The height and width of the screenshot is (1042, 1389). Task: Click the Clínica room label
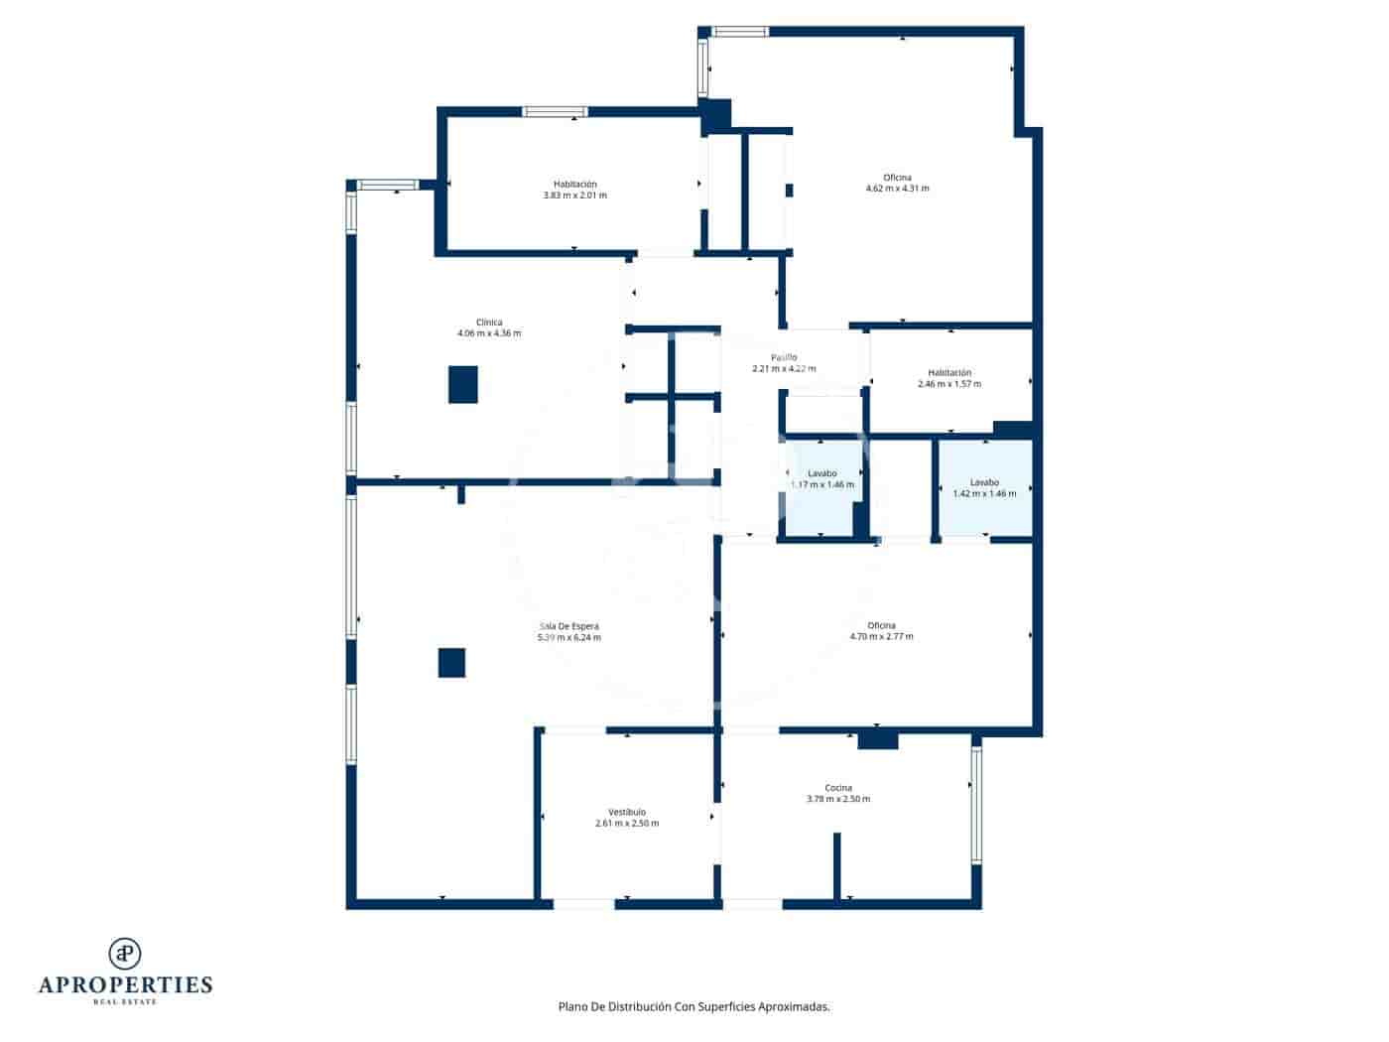489,323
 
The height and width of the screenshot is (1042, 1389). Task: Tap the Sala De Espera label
568,626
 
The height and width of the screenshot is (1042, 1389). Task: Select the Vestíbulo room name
627,812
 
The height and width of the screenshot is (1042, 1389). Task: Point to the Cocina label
838,788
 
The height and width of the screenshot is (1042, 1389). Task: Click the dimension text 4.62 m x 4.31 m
897,189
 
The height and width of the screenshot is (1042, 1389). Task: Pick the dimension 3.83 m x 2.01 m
574,195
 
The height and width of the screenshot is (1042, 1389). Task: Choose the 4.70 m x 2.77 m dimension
881,636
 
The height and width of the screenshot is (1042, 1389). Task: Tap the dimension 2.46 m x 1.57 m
948,384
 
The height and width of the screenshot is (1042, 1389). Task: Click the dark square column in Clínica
463,384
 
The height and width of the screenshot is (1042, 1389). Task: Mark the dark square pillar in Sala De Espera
452,662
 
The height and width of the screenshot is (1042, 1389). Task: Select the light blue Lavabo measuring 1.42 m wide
985,487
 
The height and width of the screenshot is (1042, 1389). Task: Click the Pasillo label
784,357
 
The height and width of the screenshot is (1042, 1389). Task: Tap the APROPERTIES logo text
125,985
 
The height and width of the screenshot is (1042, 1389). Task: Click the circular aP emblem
125,953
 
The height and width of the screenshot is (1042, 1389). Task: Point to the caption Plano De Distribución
694,1006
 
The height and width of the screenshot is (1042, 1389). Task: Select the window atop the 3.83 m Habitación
555,112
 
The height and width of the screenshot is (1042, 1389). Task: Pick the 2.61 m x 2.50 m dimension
627,824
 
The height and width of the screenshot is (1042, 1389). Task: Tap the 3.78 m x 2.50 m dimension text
838,799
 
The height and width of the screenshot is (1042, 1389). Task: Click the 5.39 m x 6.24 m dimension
568,637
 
